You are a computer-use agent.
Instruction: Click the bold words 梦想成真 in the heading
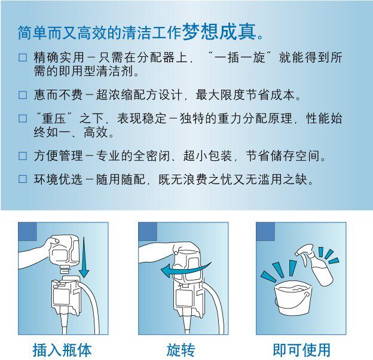pyautogui.click(x=219, y=32)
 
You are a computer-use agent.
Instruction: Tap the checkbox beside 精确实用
pyautogui.click(x=23, y=57)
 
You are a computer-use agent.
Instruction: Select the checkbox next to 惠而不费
pyautogui.click(x=23, y=95)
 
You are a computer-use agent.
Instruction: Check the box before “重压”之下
pyautogui.click(x=23, y=118)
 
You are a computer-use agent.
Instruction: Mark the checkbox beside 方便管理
pyautogui.click(x=23, y=156)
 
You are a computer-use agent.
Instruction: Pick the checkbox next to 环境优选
pyautogui.click(x=23, y=179)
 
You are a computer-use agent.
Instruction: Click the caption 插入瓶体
pyautogui.click(x=62, y=350)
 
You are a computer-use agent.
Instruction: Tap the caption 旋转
pyautogui.click(x=181, y=350)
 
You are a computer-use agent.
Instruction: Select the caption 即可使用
pyautogui.click(x=301, y=350)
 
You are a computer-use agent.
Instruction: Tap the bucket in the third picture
pyautogui.click(x=292, y=298)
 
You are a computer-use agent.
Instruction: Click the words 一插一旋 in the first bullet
pyautogui.click(x=240, y=57)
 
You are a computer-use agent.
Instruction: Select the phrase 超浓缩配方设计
pyautogui.click(x=139, y=95)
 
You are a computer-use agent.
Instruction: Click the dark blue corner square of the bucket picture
pyautogui.click(x=265, y=231)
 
